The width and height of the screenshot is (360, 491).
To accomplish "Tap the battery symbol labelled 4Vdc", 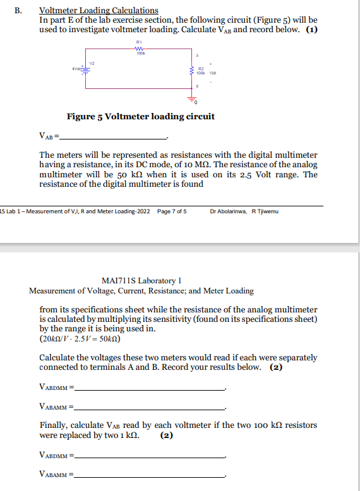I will [x=87, y=69].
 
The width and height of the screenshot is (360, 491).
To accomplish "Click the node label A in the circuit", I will [x=198, y=55].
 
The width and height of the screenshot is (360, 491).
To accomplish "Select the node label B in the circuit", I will [x=198, y=85].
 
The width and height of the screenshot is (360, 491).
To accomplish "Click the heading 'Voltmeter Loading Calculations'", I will [x=99, y=11].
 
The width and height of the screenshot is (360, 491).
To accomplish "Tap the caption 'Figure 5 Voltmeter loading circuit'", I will [x=140, y=117].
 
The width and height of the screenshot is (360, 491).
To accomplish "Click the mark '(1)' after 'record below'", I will [x=311, y=29].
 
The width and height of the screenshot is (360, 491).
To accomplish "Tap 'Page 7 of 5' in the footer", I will [x=171, y=211].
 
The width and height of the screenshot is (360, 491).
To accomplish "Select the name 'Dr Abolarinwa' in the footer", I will [x=228, y=211].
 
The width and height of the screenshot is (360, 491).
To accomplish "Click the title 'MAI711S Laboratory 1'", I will [x=141, y=280].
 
